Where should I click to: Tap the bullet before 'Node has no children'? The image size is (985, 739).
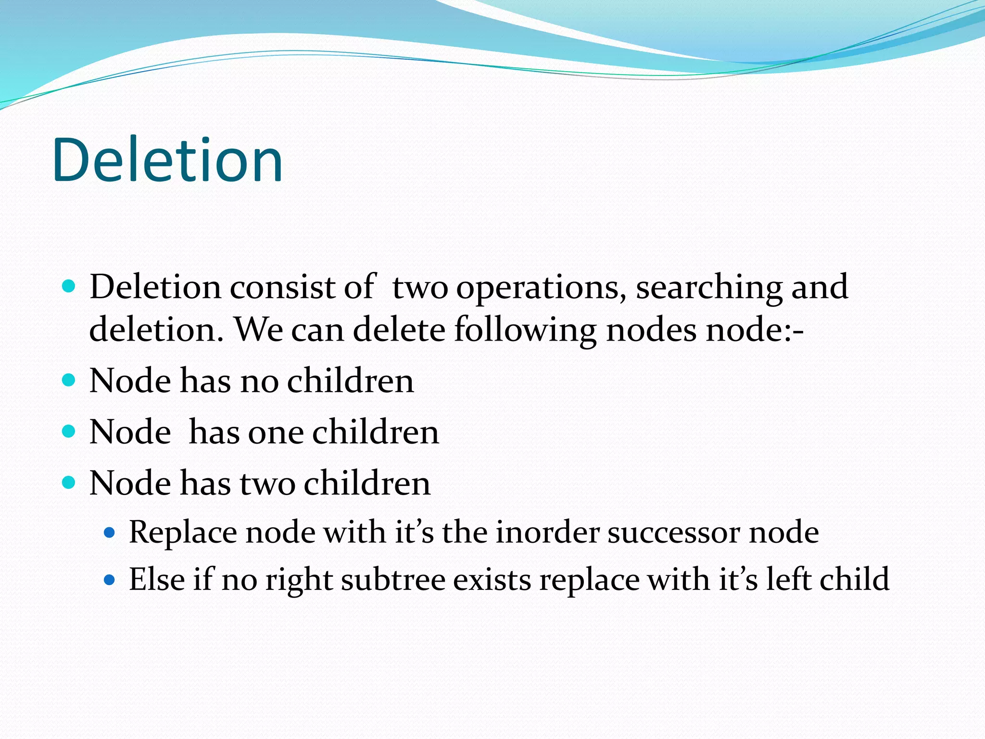tap(69, 381)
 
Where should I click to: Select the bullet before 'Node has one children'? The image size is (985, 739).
tap(69, 431)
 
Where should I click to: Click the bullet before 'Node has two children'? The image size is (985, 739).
tap(69, 482)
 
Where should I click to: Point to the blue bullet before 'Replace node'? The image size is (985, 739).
tap(110, 533)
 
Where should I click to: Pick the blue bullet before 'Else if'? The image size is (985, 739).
tap(110, 580)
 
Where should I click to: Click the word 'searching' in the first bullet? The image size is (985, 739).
tap(709, 288)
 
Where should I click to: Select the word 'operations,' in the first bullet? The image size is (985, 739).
tap(542, 288)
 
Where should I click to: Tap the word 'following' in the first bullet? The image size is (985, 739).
tap(525, 331)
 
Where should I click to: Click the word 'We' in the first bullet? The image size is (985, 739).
tap(258, 330)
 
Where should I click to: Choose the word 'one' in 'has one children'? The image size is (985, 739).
tap(275, 432)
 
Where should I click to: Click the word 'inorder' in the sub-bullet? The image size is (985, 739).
tap(547, 532)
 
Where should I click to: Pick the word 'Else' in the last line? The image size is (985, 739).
tap(157, 579)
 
